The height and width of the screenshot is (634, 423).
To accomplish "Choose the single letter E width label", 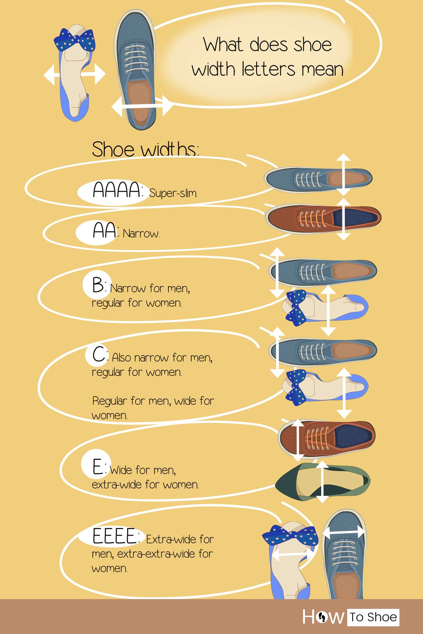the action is coord(98,467).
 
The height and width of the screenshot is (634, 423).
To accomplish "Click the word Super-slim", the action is coord(173,193).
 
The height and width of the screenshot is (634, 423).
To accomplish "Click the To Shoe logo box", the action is coord(373,617).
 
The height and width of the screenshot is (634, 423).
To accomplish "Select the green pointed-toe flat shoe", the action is coord(323,482).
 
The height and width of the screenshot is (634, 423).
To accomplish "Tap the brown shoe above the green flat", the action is coord(327,439).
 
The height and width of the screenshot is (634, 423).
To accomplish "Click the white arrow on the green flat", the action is coord(322,482).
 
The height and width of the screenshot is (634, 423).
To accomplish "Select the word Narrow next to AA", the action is coord(141,233).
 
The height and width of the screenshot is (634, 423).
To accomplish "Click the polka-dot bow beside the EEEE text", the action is coord(290,535).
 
